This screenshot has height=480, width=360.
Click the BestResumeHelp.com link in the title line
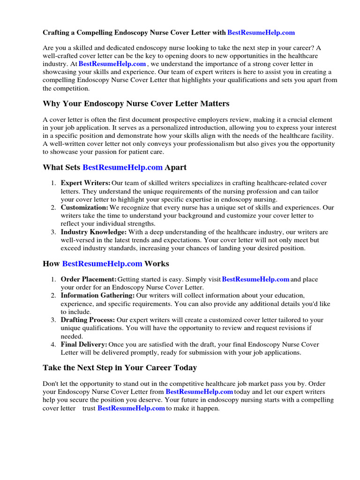(x=261, y=32)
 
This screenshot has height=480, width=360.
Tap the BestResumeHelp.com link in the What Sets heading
(x=122, y=167)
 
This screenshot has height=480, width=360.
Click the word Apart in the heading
(x=176, y=167)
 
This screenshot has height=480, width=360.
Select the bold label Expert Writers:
(x=86, y=183)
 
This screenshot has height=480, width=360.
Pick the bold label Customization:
(x=84, y=207)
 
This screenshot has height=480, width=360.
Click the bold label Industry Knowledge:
(x=94, y=232)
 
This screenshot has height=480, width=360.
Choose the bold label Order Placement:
(x=89, y=279)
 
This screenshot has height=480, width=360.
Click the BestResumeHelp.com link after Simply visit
(x=255, y=279)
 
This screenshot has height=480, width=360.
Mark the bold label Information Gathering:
(x=97, y=295)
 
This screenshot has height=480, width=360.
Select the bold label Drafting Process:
(x=88, y=320)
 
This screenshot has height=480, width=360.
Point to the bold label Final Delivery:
(x=84, y=345)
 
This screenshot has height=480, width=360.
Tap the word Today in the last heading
(x=184, y=368)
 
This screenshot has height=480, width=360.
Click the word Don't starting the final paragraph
(x=51, y=383)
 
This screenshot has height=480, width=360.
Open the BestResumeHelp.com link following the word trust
(x=131, y=408)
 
